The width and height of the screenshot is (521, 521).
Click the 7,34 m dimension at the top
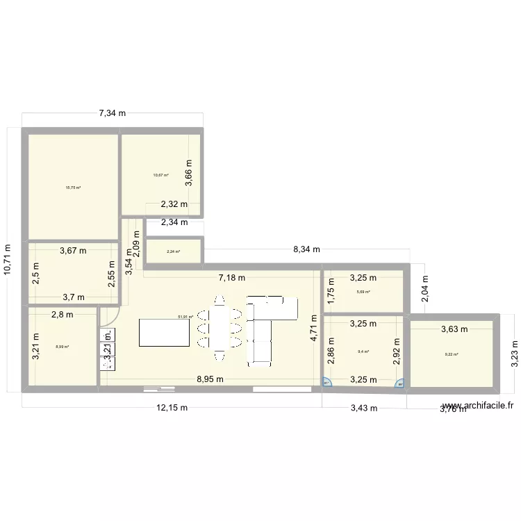point(112,113)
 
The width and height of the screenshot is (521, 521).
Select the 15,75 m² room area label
point(73,188)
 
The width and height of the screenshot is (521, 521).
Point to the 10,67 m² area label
point(161,175)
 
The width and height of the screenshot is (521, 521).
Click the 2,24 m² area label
point(173,251)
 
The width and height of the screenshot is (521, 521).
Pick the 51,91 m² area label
point(185,317)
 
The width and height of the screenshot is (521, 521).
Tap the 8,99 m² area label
point(63,347)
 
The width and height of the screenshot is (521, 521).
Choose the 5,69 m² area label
point(363,292)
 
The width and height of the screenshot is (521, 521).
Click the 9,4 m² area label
point(363,352)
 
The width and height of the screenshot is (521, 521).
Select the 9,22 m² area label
point(452,355)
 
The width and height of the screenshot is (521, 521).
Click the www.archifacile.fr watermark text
point(477,406)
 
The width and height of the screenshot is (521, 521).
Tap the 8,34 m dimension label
point(306,249)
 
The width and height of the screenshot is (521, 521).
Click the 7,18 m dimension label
point(232,277)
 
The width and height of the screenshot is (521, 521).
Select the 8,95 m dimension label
point(209,379)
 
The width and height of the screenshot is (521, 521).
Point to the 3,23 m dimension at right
point(515,353)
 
